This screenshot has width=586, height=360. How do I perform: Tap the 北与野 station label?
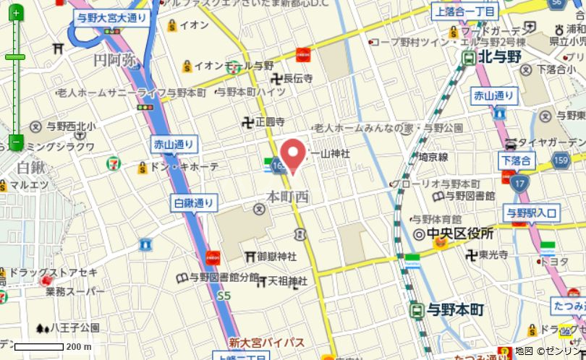[x=499, y=57]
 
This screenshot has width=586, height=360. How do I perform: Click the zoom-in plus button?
[x=15, y=10]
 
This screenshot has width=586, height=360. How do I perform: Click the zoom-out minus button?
[x=15, y=142]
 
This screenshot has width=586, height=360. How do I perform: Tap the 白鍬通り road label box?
[x=195, y=203]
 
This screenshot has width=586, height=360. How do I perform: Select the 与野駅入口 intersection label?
[x=532, y=212]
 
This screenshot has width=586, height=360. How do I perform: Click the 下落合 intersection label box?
[x=516, y=160]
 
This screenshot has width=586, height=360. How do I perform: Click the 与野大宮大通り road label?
[x=113, y=20]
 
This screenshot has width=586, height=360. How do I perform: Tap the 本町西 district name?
[x=287, y=197]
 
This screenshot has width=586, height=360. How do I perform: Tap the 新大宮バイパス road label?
[x=267, y=342]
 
